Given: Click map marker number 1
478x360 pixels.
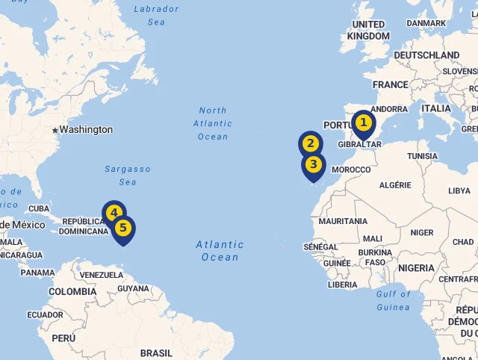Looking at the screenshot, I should (363, 123).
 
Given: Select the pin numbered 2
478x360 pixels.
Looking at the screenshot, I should (311, 144).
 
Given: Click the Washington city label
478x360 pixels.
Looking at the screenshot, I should (86, 130).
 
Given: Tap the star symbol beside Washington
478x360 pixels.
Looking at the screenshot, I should (55, 131).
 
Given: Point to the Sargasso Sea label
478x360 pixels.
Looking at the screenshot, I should (128, 176).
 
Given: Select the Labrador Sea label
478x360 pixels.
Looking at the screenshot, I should (156, 16).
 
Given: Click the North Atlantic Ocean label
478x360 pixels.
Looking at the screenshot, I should (213, 123).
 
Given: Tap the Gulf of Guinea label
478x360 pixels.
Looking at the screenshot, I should (394, 300).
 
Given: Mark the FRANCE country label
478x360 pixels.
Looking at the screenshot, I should (391, 85).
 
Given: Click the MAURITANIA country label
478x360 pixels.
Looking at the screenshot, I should (343, 222).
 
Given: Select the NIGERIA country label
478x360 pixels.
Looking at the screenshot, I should (416, 268).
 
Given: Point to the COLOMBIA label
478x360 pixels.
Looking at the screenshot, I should (72, 292).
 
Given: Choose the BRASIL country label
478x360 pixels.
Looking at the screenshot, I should (156, 353).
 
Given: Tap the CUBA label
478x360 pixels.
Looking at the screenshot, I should (38, 209).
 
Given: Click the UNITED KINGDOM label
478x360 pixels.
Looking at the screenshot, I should (369, 31).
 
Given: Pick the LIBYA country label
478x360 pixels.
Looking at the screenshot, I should (459, 191).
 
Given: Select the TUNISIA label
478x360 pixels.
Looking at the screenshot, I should (422, 156).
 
